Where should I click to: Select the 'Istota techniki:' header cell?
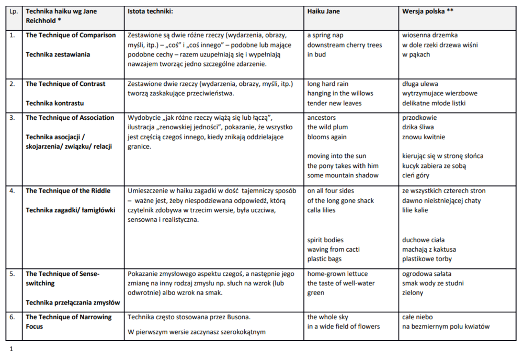[x=150, y=11]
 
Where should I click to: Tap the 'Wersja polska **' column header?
[x=427, y=11]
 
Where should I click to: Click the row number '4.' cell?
[x=12, y=191]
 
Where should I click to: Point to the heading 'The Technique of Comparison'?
[x=71, y=35]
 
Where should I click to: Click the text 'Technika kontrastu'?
[x=54, y=103]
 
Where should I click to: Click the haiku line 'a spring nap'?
[x=325, y=35]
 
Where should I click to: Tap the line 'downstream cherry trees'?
[x=344, y=45]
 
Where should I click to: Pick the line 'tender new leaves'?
[x=334, y=103]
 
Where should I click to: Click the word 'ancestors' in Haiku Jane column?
[x=322, y=118]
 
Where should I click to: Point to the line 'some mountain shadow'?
[x=343, y=175]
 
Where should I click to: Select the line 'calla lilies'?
[x=321, y=210]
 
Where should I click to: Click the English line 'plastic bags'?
[x=324, y=259]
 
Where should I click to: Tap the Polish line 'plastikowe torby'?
[x=427, y=259]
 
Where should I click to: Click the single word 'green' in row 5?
[x=316, y=293]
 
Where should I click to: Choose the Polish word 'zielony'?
[x=413, y=293]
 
